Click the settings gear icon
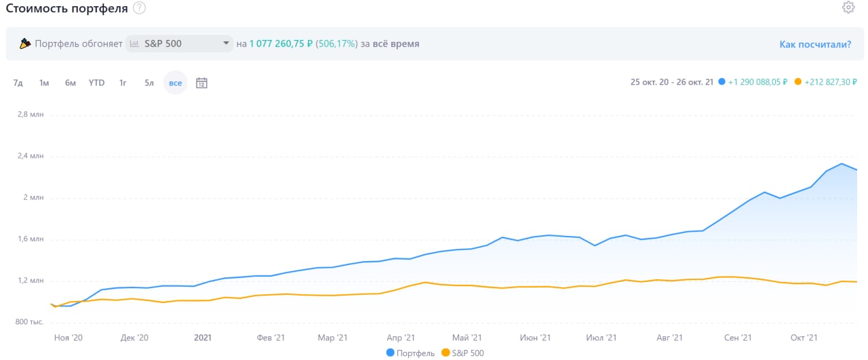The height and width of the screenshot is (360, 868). [848, 7]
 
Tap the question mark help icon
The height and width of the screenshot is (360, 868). [139, 8]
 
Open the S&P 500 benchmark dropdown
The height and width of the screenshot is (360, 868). [179, 44]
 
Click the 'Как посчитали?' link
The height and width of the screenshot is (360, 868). [815, 44]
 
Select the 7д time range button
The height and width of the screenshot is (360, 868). [18, 83]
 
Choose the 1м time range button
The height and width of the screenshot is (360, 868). [44, 83]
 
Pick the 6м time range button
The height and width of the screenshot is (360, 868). [71, 83]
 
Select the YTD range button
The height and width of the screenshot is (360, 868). [96, 83]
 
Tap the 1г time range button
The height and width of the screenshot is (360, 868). [123, 83]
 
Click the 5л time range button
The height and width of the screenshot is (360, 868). [149, 83]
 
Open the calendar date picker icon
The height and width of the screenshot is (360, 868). [201, 83]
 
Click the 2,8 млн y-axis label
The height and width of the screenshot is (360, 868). [31, 115]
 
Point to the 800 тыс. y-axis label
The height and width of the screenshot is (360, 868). [30, 322]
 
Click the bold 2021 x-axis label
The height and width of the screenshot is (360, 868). [203, 337]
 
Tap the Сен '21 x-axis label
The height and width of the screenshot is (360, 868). [737, 337]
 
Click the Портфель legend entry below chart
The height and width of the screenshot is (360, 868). [411, 353]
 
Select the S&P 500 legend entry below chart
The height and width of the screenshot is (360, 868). [462, 353]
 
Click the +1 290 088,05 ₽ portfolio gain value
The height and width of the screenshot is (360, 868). [757, 82]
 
